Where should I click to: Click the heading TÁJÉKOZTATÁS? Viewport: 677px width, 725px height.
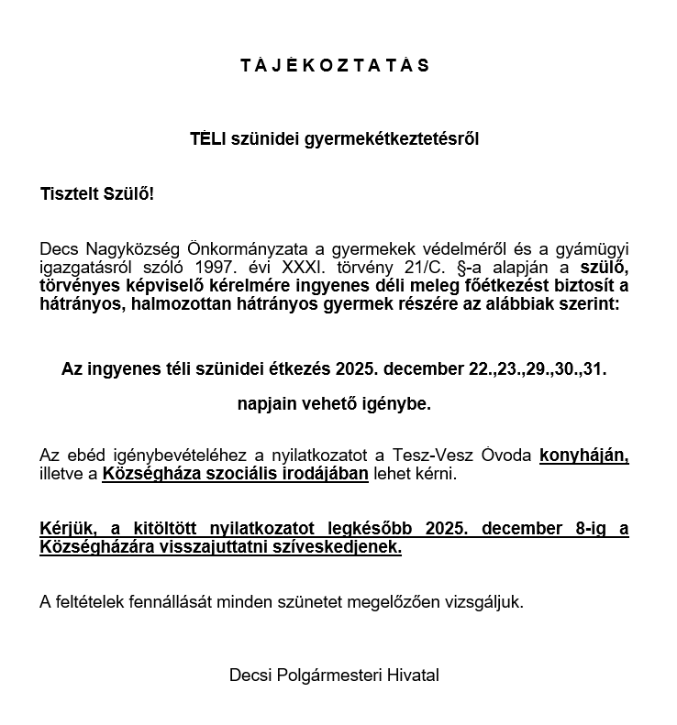pyautogui.click(x=335, y=65)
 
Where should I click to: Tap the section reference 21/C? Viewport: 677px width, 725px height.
pyautogui.click(x=406, y=267)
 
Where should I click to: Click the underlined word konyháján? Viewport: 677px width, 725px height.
pyautogui.click(x=584, y=456)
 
